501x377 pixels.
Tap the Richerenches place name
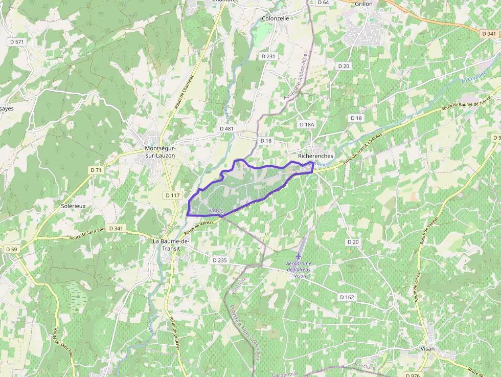tap(315, 156)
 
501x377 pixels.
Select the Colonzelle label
tap(276, 18)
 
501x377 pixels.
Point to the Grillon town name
tap(363, 4)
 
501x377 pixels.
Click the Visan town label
tap(427, 348)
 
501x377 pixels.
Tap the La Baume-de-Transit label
tap(171, 245)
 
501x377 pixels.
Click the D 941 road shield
tap(489, 33)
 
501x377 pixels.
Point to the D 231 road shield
tap(268, 56)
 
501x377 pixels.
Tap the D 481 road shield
tap(226, 128)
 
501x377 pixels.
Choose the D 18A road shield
tap(307, 124)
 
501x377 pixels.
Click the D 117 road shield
tap(173, 195)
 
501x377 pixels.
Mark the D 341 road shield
tap(116, 229)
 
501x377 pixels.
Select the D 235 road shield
tap(219, 260)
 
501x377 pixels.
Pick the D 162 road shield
tap(347, 297)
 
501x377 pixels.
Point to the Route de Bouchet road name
tap(174, 333)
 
